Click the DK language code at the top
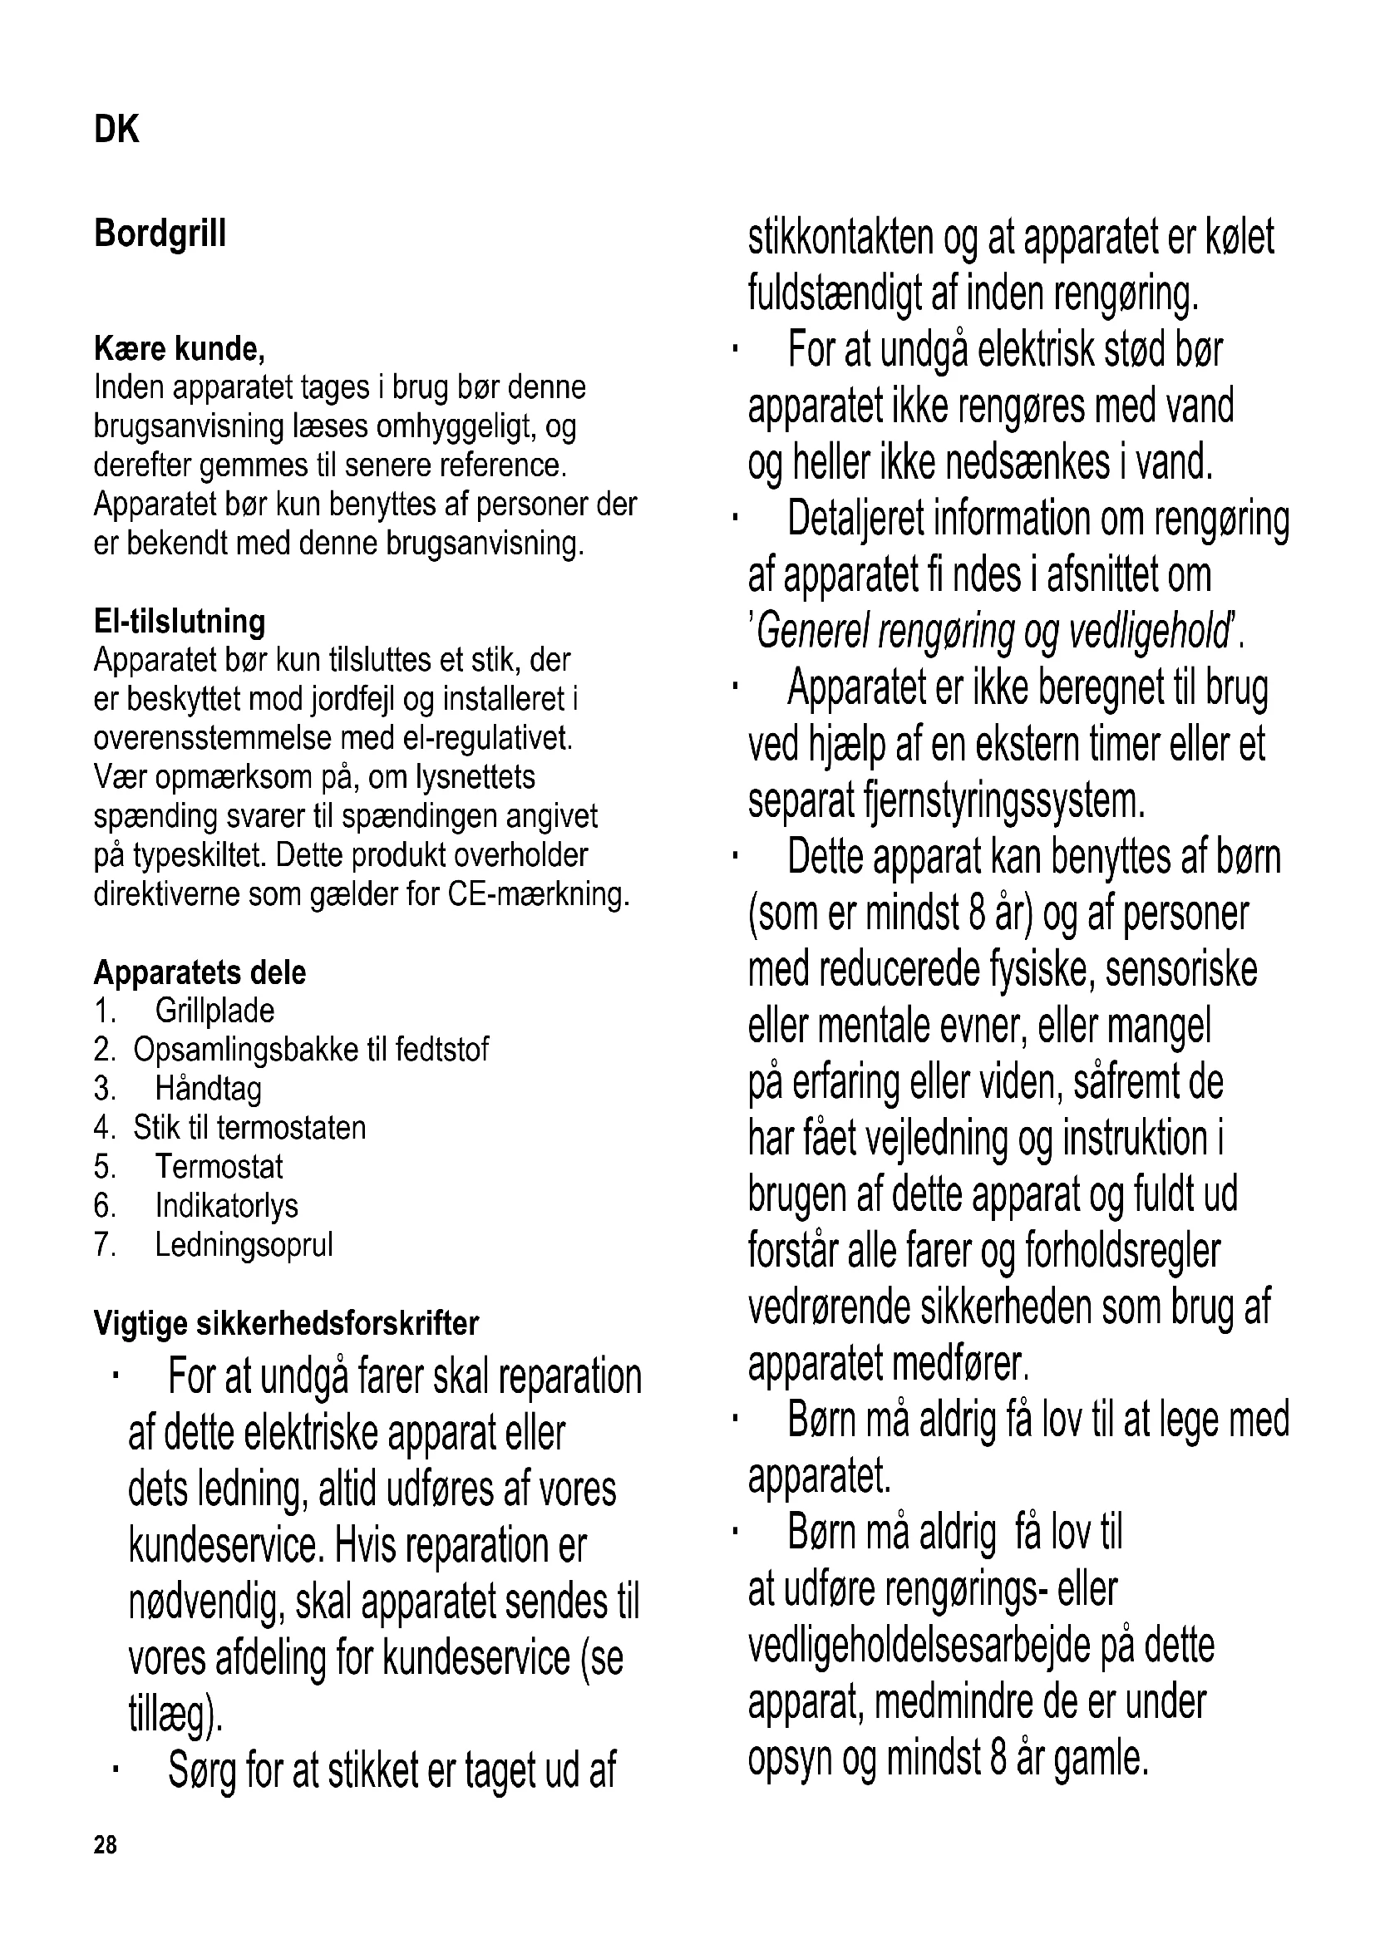point(117,130)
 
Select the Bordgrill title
point(160,234)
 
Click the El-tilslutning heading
point(180,622)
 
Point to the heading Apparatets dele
point(200,972)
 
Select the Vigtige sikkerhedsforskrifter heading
point(286,1322)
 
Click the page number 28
point(106,1844)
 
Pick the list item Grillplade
point(215,1011)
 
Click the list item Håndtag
point(209,1089)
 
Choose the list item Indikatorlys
point(227,1206)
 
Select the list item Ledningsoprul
point(244,1245)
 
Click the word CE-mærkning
point(539,894)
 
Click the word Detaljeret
point(855,518)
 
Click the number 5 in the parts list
point(103,1167)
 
